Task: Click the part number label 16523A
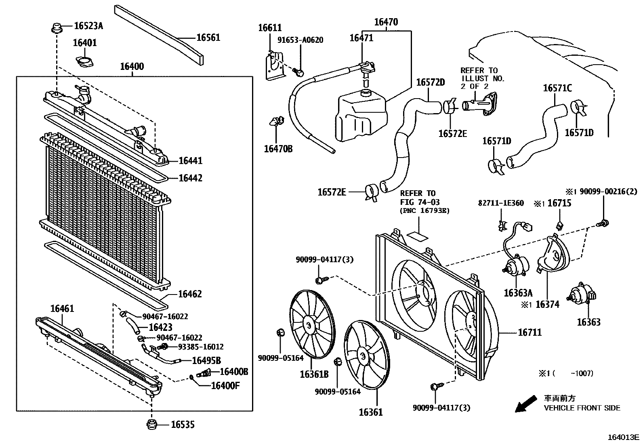click(x=88, y=26)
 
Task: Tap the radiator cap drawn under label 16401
click(x=84, y=63)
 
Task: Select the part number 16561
click(x=208, y=38)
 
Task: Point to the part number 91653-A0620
click(x=300, y=40)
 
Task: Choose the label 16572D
click(x=430, y=82)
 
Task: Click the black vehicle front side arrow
click(x=526, y=404)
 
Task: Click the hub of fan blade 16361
click(x=362, y=356)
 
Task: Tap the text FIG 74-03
click(x=420, y=202)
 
